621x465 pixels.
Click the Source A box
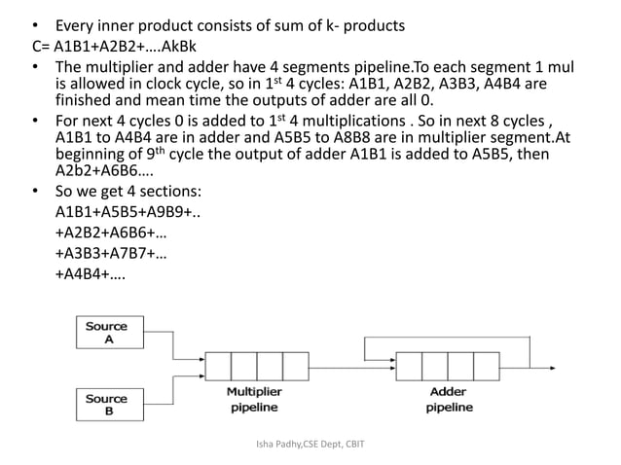point(107,333)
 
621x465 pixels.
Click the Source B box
point(107,405)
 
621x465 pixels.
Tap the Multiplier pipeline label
point(254,400)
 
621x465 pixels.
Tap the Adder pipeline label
point(448,400)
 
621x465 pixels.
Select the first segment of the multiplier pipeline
point(218,366)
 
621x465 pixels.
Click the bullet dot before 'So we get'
point(35,192)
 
